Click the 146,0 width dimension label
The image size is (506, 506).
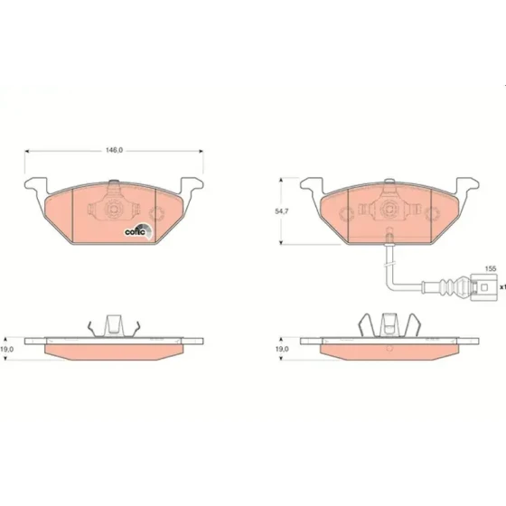pos(114,150)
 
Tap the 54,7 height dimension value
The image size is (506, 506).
pos(282,211)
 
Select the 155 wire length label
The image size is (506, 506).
pos(491,268)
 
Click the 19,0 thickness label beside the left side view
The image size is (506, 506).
pos(7,349)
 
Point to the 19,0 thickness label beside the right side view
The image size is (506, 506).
pos(282,349)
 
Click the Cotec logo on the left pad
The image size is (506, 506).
pos(139,230)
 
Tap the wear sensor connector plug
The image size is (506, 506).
pos(483,287)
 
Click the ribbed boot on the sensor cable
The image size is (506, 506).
pos(452,286)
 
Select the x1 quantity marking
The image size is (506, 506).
pos(502,286)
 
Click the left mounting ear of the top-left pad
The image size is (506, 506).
pos(35,185)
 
